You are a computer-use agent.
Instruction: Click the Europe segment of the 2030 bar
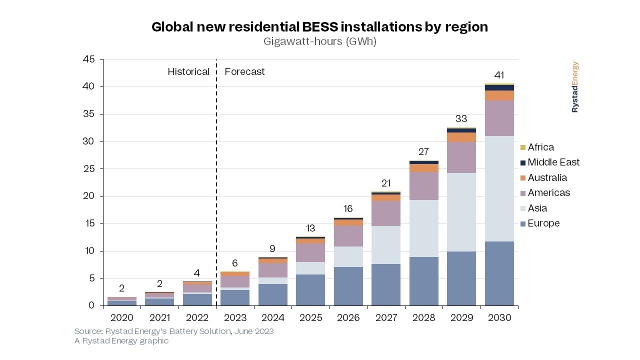pos(499,273)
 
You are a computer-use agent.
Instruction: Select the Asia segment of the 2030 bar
pos(499,188)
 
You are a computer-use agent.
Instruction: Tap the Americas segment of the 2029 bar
pos(461,157)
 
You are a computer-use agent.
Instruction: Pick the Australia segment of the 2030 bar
pos(499,95)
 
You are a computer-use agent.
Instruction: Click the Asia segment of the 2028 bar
pos(423,228)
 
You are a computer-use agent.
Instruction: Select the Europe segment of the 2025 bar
pos(310,290)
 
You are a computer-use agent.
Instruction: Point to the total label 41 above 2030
pos(499,75)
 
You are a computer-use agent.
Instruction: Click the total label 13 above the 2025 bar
pos(310,228)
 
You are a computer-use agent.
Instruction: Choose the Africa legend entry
pos(540,147)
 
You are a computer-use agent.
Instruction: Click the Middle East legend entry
pos(552,162)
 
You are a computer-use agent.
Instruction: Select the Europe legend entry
pos(543,223)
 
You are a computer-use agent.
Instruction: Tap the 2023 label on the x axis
pos(235,318)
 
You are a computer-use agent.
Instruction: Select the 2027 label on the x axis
pos(386,318)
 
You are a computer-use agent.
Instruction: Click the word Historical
pos(188,72)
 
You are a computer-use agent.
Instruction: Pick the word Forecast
pos(244,72)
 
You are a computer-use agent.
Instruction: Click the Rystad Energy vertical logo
pos(575,87)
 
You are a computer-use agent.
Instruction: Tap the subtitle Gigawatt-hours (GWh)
pos(319,41)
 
